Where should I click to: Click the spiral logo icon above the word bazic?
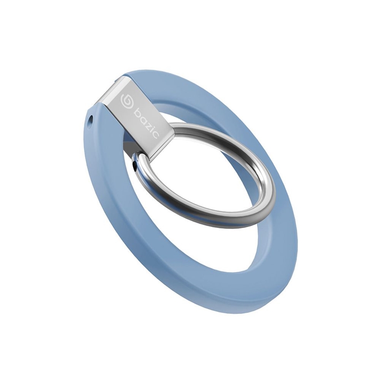pyautogui.click(x=126, y=99)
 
